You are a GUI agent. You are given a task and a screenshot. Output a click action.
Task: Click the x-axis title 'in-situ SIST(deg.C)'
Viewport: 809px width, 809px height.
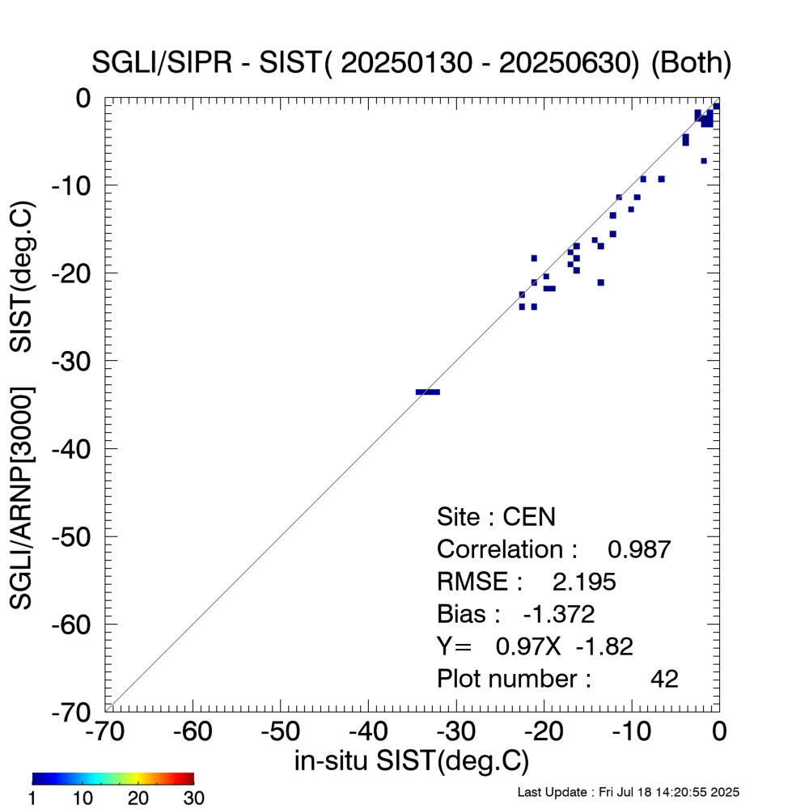coord(412,761)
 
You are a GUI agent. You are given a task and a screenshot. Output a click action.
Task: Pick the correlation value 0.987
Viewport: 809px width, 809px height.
coord(639,549)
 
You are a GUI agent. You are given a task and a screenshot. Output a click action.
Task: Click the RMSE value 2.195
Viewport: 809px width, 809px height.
coord(583,582)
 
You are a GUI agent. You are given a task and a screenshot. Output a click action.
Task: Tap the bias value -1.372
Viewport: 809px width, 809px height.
coord(559,614)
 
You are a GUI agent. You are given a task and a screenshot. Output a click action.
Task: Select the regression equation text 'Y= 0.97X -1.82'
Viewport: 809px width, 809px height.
coord(535,646)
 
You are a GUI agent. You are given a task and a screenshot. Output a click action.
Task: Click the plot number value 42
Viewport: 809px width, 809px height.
coord(664,679)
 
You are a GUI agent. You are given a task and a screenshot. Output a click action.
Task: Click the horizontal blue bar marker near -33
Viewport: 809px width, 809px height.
coord(428,392)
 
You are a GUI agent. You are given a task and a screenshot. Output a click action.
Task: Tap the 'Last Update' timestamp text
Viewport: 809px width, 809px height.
coord(628,791)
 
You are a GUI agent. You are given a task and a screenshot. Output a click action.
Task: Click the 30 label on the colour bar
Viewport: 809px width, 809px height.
coord(193,798)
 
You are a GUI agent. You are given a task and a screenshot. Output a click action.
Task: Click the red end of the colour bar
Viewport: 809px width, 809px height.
coord(188,778)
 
